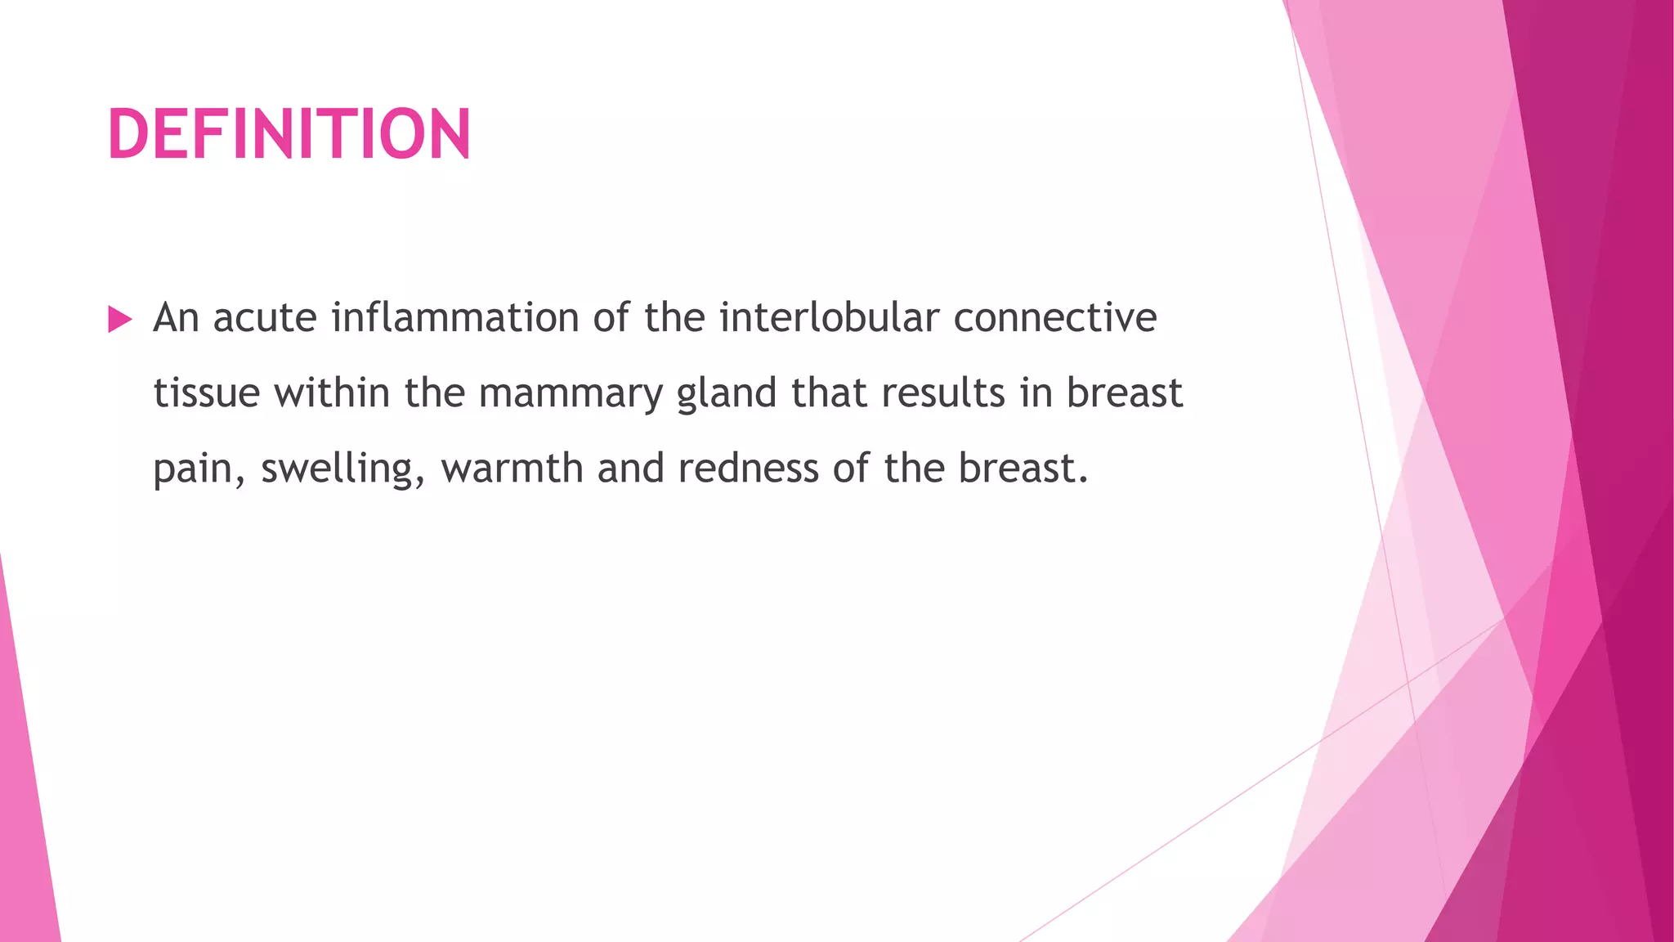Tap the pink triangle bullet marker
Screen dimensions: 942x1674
[119, 320]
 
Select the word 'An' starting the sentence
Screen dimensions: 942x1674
[176, 318]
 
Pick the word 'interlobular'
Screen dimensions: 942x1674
[829, 318]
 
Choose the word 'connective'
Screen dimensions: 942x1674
[1055, 318]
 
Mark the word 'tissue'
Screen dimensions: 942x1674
[207, 393]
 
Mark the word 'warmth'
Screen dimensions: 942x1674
[512, 469]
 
